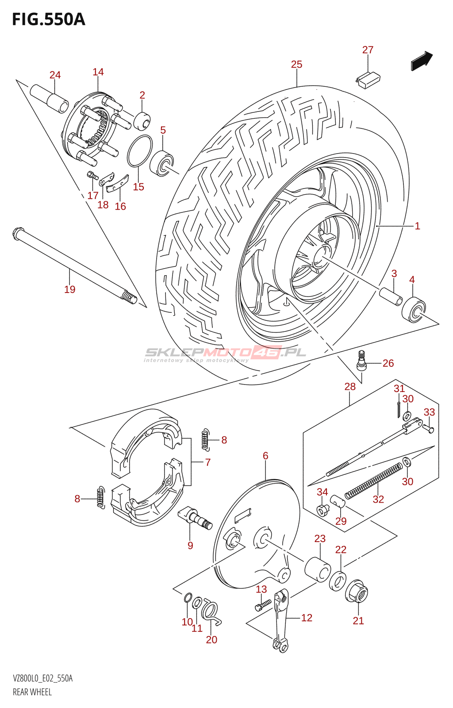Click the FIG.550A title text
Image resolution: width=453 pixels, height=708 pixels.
pyautogui.click(x=48, y=20)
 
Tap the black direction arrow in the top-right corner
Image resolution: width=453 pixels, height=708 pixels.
pyautogui.click(x=422, y=61)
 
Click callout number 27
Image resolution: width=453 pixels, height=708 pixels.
pyautogui.click(x=368, y=50)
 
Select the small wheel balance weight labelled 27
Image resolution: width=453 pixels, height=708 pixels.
pyautogui.click(x=368, y=80)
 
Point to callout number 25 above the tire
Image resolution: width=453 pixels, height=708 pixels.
pyautogui.click(x=296, y=65)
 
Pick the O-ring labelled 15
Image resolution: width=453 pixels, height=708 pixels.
pyautogui.click(x=140, y=151)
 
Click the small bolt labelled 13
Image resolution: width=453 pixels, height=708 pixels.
pyautogui.click(x=263, y=604)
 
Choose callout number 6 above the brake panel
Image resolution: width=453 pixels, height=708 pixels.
pyautogui.click(x=265, y=456)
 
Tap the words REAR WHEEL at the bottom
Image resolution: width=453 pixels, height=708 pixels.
pyautogui.click(x=32, y=692)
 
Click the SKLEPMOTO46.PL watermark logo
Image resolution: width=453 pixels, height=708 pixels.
pyautogui.click(x=225, y=353)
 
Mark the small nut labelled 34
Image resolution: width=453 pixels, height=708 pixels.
pyautogui.click(x=322, y=510)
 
